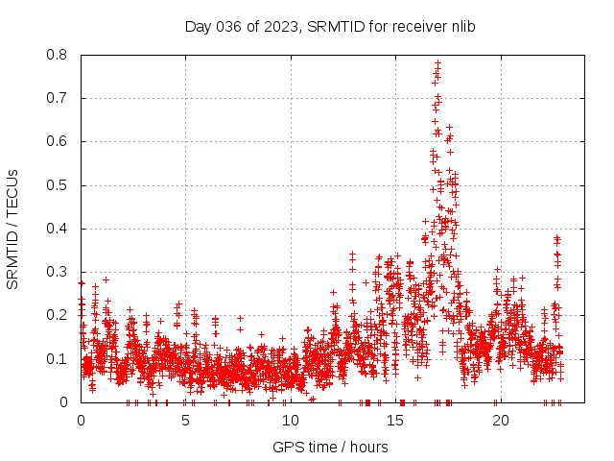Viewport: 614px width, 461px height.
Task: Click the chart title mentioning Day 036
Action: tap(330, 26)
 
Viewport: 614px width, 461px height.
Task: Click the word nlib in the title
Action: tap(464, 26)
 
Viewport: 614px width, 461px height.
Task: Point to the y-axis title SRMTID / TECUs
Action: tap(13, 229)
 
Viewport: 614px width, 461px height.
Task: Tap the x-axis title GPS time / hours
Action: tap(330, 447)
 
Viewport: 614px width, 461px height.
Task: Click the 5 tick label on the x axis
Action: tap(185, 422)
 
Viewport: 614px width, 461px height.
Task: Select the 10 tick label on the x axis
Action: tap(290, 422)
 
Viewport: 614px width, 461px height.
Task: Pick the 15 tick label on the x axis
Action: tap(395, 422)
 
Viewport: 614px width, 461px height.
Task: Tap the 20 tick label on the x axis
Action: tap(500, 422)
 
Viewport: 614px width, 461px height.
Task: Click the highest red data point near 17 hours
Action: tap(437, 63)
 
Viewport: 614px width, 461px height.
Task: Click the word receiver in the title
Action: tap(421, 26)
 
